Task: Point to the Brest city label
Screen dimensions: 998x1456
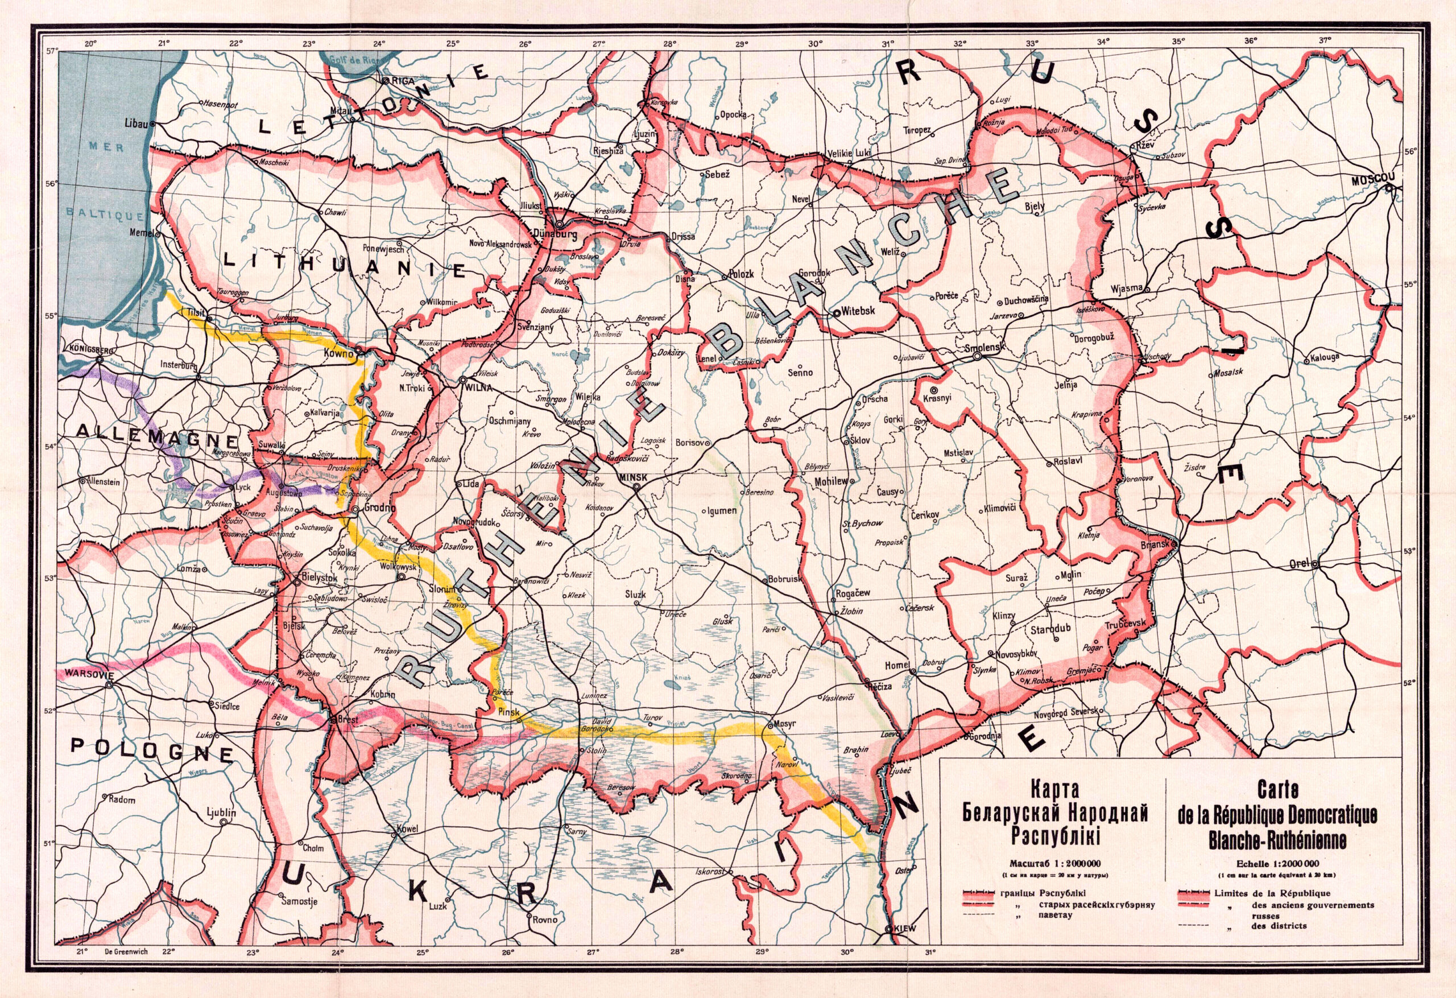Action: [348, 720]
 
